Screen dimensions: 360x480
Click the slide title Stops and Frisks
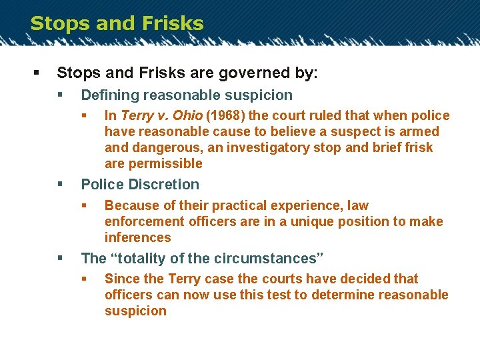(117, 23)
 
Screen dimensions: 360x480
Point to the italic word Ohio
(187, 116)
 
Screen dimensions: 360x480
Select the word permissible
(166, 164)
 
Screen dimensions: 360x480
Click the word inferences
(138, 237)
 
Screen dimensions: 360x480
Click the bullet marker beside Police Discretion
(60, 184)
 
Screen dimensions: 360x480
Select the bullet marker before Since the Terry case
(84, 279)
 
